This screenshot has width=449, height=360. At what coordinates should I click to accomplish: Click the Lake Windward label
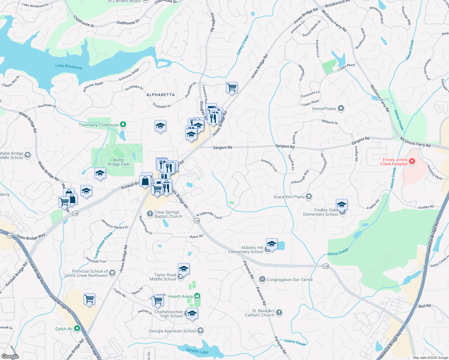click(68, 66)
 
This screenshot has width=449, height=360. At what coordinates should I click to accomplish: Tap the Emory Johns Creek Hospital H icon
click(412, 161)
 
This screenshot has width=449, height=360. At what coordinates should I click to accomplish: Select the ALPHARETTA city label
click(161, 95)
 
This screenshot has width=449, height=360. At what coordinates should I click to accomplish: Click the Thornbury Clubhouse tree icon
click(123, 124)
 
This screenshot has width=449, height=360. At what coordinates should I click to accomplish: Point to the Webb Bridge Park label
click(119, 162)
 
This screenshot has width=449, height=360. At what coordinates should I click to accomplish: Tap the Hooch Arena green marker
click(197, 296)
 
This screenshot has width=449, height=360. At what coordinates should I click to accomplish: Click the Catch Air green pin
click(77, 328)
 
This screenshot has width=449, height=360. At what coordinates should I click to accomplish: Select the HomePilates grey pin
click(341, 108)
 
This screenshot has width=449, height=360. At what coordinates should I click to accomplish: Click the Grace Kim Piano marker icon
click(309, 197)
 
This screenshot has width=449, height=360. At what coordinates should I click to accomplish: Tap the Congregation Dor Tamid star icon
click(262, 279)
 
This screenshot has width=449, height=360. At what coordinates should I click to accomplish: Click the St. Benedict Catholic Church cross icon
click(279, 313)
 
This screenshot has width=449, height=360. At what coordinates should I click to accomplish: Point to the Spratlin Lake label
click(197, 351)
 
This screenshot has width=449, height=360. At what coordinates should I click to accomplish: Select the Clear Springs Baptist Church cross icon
click(150, 214)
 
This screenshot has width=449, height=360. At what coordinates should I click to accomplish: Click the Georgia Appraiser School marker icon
click(200, 331)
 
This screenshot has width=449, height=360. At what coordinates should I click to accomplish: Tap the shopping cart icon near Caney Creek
click(232, 88)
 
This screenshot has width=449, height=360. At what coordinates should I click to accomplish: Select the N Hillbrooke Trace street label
click(209, 215)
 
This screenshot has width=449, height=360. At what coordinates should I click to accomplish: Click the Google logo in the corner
click(10, 356)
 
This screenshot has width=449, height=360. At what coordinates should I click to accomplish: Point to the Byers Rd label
click(196, 237)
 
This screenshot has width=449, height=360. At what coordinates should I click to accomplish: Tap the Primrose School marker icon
click(112, 273)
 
